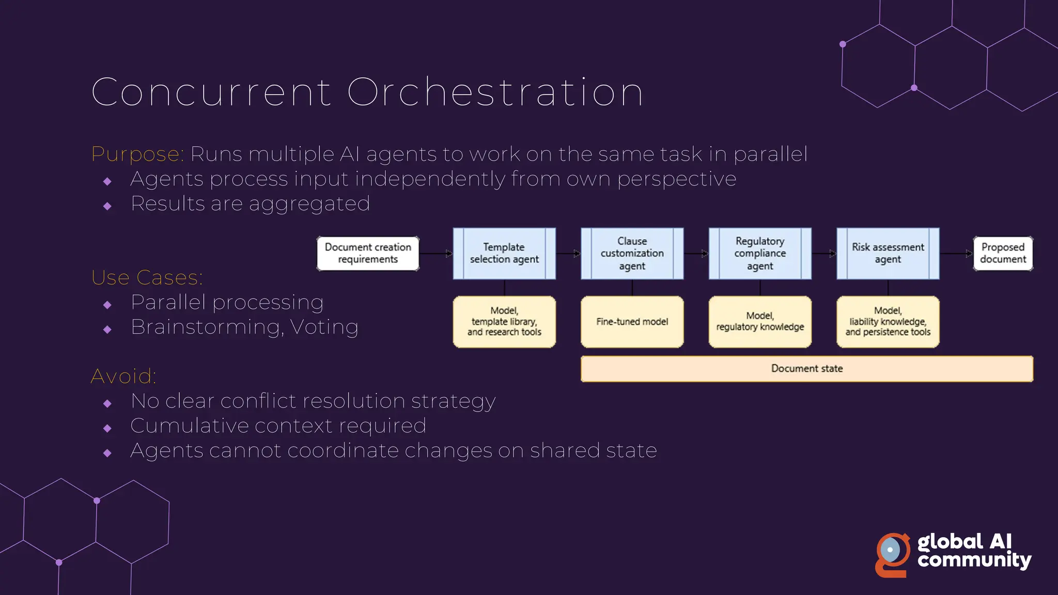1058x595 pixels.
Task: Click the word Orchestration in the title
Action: pyautogui.click(x=495, y=92)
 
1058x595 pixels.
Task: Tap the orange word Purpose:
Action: pyautogui.click(x=137, y=154)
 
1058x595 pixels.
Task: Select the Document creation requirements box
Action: pyautogui.click(x=368, y=253)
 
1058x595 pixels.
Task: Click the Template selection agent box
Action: pyautogui.click(x=504, y=253)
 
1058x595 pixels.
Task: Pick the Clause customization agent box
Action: pyautogui.click(x=632, y=253)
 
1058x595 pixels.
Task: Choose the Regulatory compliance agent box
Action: pyautogui.click(x=760, y=253)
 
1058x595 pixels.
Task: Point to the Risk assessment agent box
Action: pyautogui.click(x=888, y=253)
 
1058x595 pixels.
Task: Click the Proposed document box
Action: pyautogui.click(x=1003, y=253)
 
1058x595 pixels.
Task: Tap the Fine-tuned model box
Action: pyautogui.click(x=632, y=322)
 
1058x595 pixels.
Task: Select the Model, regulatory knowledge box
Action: pyautogui.click(x=760, y=322)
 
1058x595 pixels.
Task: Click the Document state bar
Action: pyautogui.click(x=806, y=369)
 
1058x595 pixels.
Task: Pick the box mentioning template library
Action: pyautogui.click(x=504, y=322)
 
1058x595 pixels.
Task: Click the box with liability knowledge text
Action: pyautogui.click(x=888, y=322)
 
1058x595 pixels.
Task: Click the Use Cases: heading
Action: pyautogui.click(x=147, y=278)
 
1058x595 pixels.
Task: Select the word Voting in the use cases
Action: pyautogui.click(x=324, y=327)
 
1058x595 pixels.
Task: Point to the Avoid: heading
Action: pyautogui.click(x=123, y=377)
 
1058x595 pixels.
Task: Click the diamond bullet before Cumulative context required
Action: pyautogui.click(x=107, y=428)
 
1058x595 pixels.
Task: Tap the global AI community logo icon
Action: pyautogui.click(x=893, y=555)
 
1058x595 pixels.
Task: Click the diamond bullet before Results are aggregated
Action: pyautogui.click(x=107, y=206)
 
